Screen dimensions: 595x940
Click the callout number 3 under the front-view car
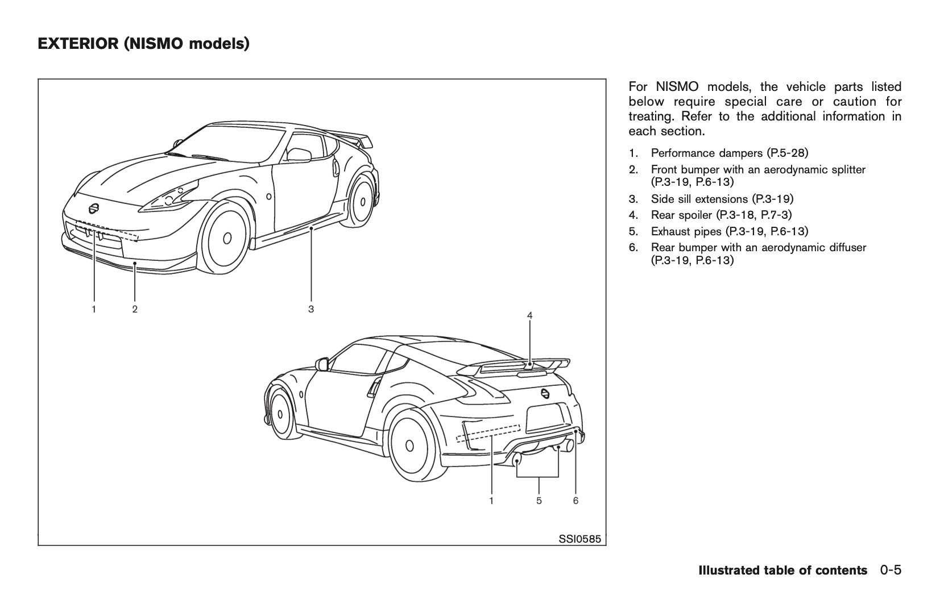[311, 309]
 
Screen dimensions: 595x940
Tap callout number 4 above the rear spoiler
[529, 315]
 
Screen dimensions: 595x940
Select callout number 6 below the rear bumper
[575, 501]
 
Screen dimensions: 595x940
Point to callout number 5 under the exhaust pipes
[539, 501]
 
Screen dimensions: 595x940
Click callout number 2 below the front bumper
[135, 309]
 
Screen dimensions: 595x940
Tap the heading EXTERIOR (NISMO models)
[143, 43]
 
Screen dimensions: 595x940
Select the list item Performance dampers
[729, 153]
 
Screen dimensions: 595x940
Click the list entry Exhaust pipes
[729, 231]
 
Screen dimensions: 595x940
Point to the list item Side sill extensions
[722, 199]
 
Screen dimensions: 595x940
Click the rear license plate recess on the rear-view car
[548, 418]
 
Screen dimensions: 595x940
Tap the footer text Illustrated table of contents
[783, 570]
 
